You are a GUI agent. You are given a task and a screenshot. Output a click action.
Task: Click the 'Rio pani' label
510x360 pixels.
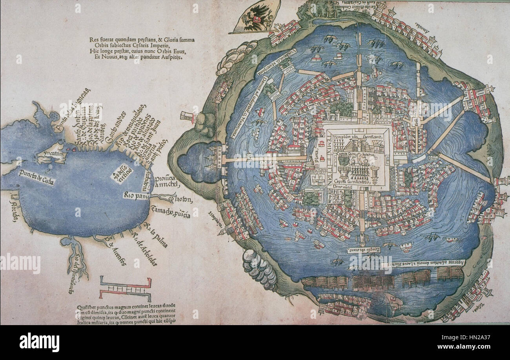(x=135, y=195)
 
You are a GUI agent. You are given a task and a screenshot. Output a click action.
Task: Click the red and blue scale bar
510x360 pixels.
(x=125, y=288)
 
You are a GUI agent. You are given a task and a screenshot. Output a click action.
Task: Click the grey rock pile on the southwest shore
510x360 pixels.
(x=259, y=267)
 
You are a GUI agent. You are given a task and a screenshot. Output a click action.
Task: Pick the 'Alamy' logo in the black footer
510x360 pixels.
(x=39, y=342)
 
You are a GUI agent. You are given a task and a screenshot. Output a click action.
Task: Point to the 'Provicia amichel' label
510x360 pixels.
(x=167, y=181)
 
